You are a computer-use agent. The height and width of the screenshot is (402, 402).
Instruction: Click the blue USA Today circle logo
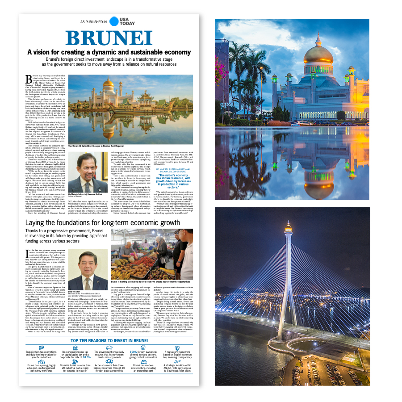[114, 21]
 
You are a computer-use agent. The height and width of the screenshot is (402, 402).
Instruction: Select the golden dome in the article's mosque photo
[109, 84]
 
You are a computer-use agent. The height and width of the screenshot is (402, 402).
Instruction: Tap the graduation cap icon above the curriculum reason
[109, 348]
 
